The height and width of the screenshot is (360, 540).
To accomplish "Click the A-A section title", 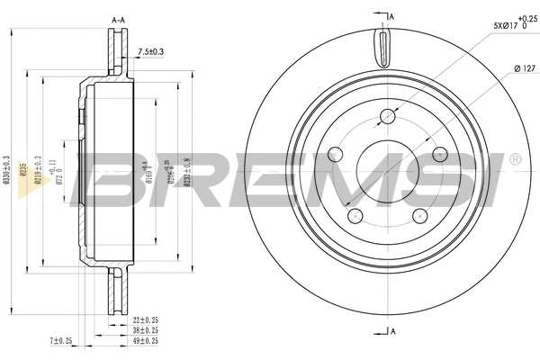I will (x=117, y=18).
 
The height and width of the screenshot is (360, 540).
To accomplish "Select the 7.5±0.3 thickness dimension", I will (x=152, y=51).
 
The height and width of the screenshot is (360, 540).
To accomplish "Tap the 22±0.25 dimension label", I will (x=146, y=320).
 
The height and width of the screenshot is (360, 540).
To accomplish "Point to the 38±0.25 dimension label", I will (x=146, y=330).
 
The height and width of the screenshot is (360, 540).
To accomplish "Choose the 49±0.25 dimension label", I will (x=146, y=340).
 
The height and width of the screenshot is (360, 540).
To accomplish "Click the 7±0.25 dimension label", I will (x=62, y=340).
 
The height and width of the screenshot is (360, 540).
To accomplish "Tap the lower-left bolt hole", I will (x=355, y=214).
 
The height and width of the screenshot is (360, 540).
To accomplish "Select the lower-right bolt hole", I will (x=419, y=214).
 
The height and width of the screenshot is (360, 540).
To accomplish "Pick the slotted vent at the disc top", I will (x=382, y=44).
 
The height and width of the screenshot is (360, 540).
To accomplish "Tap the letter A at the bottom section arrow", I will (x=393, y=332).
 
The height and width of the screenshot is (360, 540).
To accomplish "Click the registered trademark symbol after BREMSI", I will (x=514, y=159).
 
